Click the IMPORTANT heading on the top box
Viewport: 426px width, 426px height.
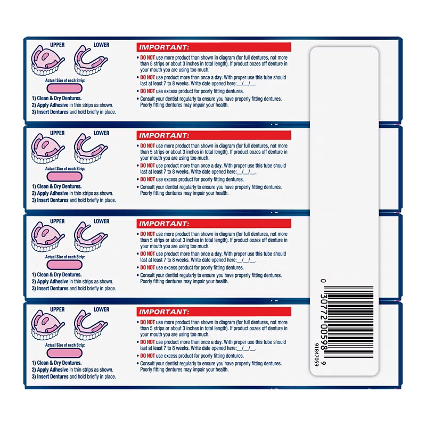click(x=163, y=47)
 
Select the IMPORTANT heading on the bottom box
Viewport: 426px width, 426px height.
click(x=163, y=312)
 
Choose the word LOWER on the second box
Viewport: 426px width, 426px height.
click(x=102, y=133)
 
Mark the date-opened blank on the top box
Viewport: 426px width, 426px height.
click(x=246, y=84)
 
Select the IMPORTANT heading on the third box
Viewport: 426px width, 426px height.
click(x=163, y=224)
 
